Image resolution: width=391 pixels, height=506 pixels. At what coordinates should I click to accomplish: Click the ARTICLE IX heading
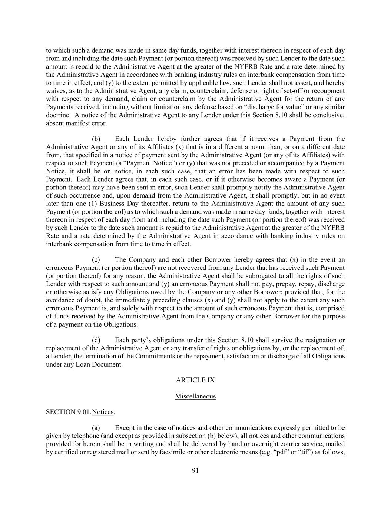click(x=195, y=380)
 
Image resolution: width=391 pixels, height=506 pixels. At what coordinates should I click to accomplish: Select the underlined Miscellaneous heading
click(x=195, y=396)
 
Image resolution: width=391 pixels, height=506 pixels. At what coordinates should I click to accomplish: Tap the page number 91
click(x=195, y=470)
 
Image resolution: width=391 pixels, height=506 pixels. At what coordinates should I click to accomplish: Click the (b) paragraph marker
click(x=96, y=139)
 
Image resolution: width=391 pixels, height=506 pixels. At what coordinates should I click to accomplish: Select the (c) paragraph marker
click(x=96, y=259)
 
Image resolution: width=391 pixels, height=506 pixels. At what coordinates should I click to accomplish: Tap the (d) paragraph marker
click(x=96, y=340)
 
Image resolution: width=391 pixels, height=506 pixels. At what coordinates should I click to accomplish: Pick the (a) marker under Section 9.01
click(x=96, y=428)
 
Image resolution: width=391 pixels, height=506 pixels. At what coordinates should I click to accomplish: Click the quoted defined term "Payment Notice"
click(x=149, y=163)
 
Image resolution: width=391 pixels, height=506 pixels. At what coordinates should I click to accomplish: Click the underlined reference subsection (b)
click(x=196, y=436)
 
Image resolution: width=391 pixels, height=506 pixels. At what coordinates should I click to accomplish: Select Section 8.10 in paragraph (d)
click(x=235, y=340)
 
